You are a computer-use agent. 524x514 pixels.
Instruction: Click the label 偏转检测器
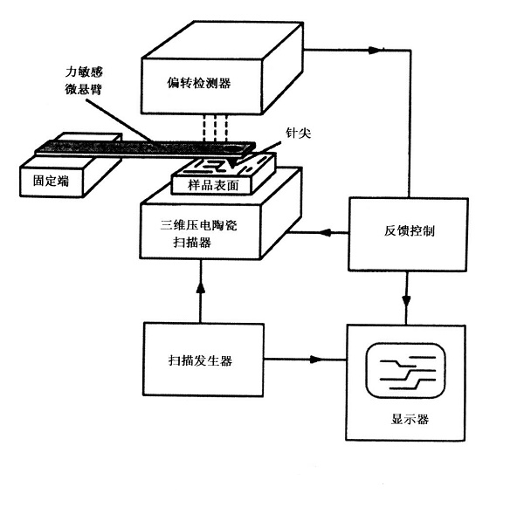199,83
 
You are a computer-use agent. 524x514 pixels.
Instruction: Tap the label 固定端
52,181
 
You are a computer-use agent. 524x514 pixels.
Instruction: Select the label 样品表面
213,185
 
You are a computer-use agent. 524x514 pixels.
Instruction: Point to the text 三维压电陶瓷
198,225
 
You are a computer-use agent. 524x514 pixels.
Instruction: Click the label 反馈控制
409,230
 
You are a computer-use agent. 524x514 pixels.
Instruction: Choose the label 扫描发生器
200,360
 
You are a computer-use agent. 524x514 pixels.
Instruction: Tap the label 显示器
410,419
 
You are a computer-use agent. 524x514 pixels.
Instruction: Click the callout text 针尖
298,133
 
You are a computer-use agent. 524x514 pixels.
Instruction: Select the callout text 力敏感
84,72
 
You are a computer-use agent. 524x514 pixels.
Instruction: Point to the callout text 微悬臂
83,89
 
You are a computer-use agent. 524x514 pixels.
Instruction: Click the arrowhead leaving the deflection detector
375,51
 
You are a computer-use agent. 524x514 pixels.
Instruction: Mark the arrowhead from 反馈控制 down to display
406,300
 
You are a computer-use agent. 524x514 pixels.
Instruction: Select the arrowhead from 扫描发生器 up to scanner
201,288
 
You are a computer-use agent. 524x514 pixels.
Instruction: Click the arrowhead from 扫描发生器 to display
316,360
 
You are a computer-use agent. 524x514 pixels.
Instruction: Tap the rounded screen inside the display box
367,371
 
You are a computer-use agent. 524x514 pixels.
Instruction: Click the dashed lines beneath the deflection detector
215,128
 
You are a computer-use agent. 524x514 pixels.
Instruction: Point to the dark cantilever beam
144,147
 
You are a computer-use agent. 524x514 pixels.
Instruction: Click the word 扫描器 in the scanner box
192,242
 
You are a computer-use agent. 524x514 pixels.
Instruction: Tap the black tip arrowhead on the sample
233,163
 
